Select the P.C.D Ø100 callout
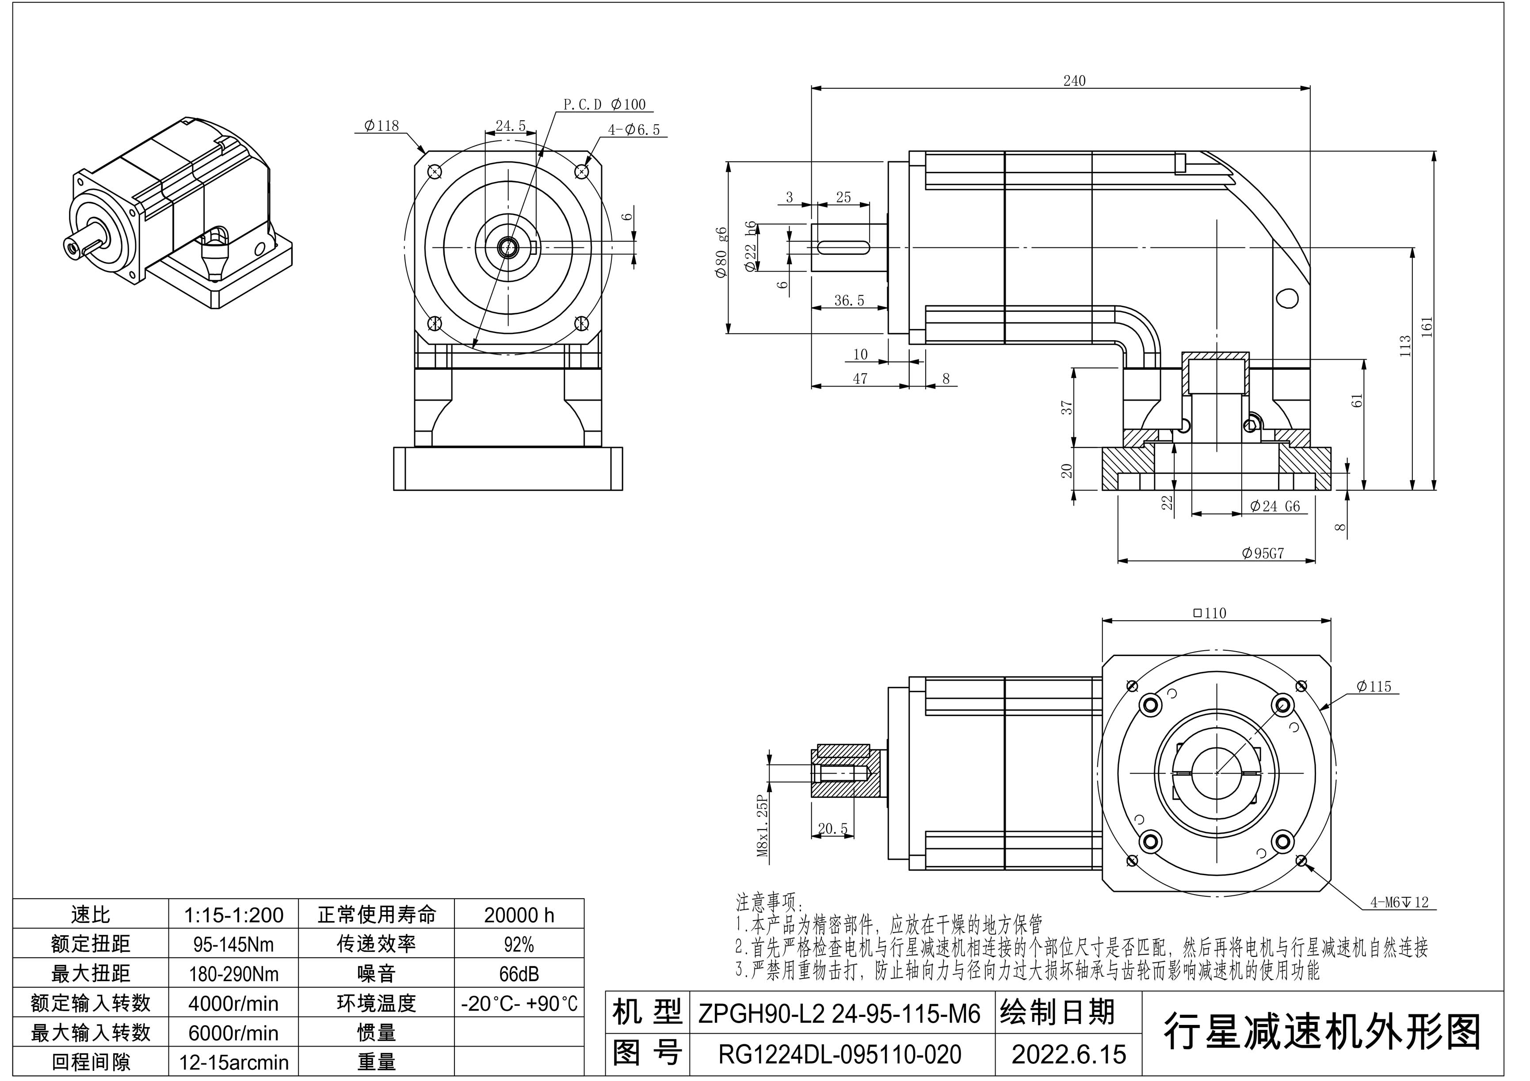tap(604, 105)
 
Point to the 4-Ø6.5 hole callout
tap(634, 130)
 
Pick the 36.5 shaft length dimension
tap(849, 301)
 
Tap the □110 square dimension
tap(1210, 614)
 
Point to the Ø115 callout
tap(1374, 687)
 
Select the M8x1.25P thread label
tap(763, 826)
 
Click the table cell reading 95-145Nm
tap(233, 944)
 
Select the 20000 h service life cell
tap(519, 915)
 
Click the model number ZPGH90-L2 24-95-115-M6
tap(839, 1014)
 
